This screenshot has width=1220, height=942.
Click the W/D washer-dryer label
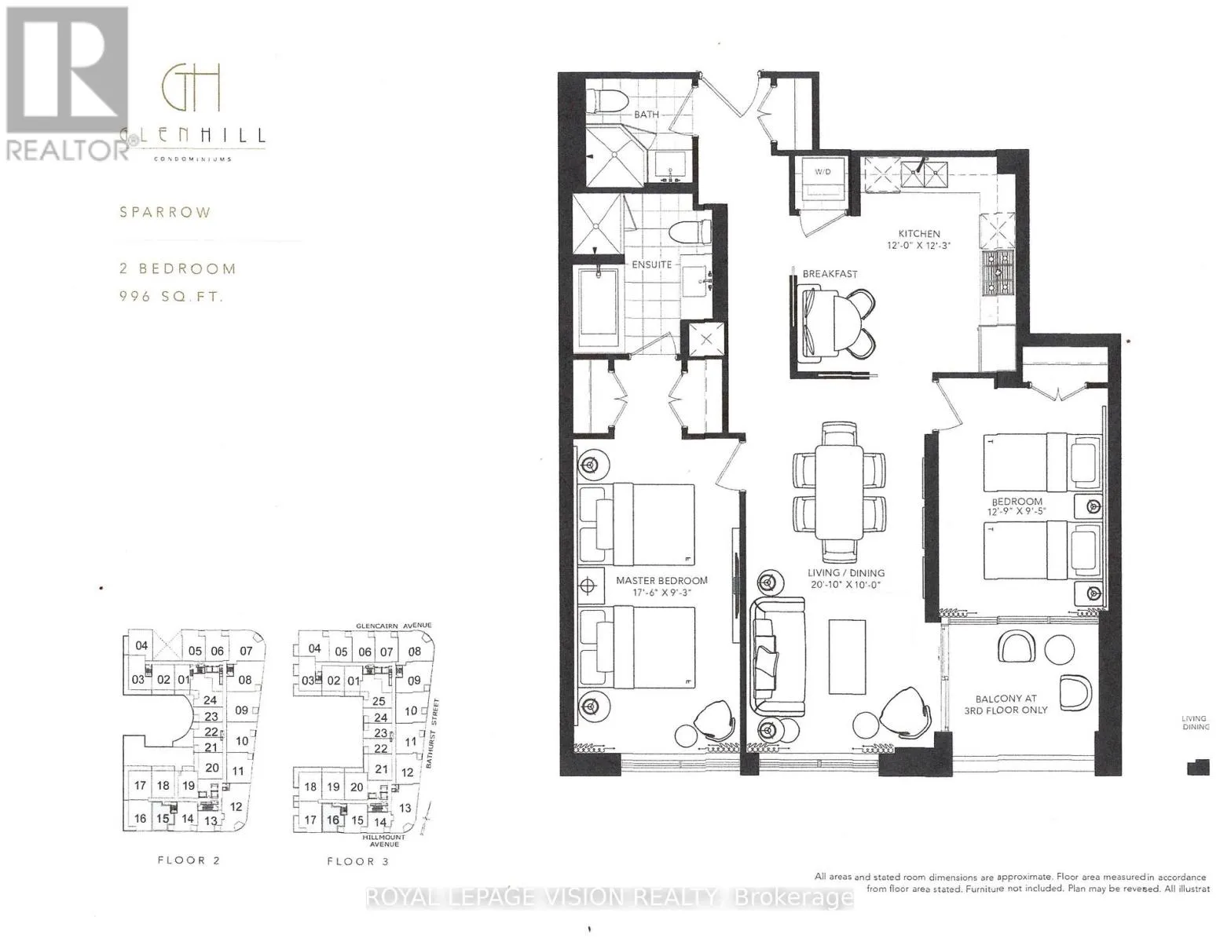[820, 172]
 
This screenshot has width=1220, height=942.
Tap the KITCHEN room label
[919, 233]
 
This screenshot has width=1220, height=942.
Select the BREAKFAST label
[830, 274]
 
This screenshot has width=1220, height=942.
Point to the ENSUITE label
[651, 265]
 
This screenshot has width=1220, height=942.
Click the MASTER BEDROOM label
[661, 581]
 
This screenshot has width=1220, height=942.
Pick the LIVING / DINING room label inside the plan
[845, 573]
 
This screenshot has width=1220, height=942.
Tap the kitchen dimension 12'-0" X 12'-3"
[919, 245]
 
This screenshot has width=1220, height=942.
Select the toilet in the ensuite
[692, 233]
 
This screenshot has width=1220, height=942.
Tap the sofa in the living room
[775, 655]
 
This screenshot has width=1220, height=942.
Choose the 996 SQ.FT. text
[172, 297]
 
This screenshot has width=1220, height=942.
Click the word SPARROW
[165, 212]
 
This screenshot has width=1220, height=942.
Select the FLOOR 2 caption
[189, 860]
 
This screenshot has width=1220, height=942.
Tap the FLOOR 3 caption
[358, 861]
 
